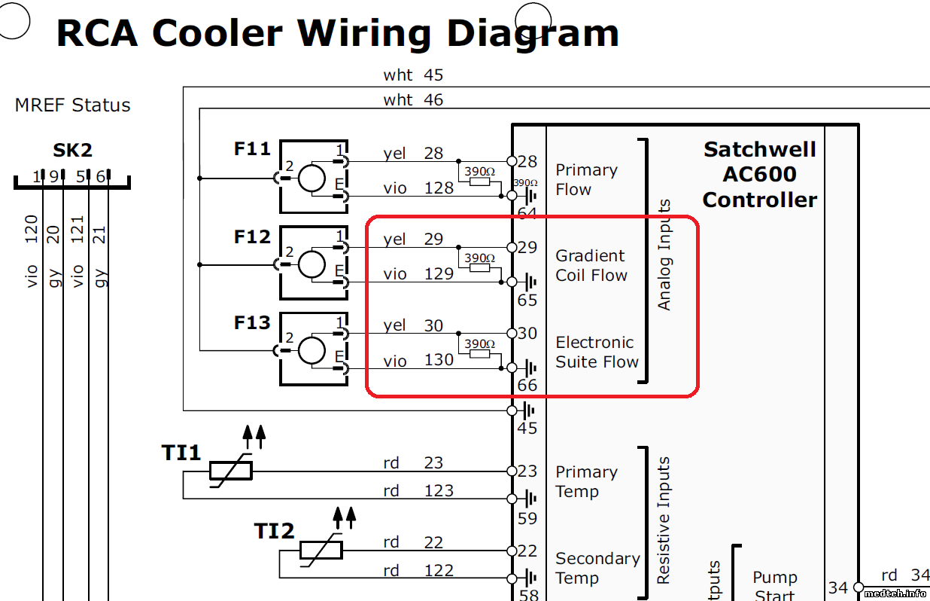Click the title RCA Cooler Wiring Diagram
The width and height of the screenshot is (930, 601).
(x=337, y=33)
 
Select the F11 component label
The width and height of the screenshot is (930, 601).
(x=252, y=149)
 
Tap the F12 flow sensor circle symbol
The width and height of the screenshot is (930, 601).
(x=312, y=264)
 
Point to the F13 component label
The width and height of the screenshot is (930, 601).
(x=252, y=323)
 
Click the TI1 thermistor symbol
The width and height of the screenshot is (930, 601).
(x=231, y=471)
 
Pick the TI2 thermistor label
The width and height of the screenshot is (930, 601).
(x=274, y=532)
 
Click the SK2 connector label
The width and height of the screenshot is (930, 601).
(x=72, y=151)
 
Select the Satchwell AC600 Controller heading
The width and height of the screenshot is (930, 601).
(x=759, y=174)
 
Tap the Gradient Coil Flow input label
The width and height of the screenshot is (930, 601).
(x=591, y=266)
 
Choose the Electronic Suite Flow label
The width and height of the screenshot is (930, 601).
(x=597, y=352)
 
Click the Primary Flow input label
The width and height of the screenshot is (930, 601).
(x=586, y=180)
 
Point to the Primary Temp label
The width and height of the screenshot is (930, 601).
(x=586, y=482)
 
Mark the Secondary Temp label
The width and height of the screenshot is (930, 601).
(x=597, y=569)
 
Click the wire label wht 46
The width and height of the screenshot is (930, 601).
(x=413, y=99)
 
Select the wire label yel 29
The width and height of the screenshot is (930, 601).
(x=413, y=239)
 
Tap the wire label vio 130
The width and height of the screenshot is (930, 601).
(x=418, y=361)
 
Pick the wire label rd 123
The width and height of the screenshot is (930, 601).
(x=418, y=491)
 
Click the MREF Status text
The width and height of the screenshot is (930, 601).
(x=72, y=105)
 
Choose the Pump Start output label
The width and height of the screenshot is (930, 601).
(x=774, y=586)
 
